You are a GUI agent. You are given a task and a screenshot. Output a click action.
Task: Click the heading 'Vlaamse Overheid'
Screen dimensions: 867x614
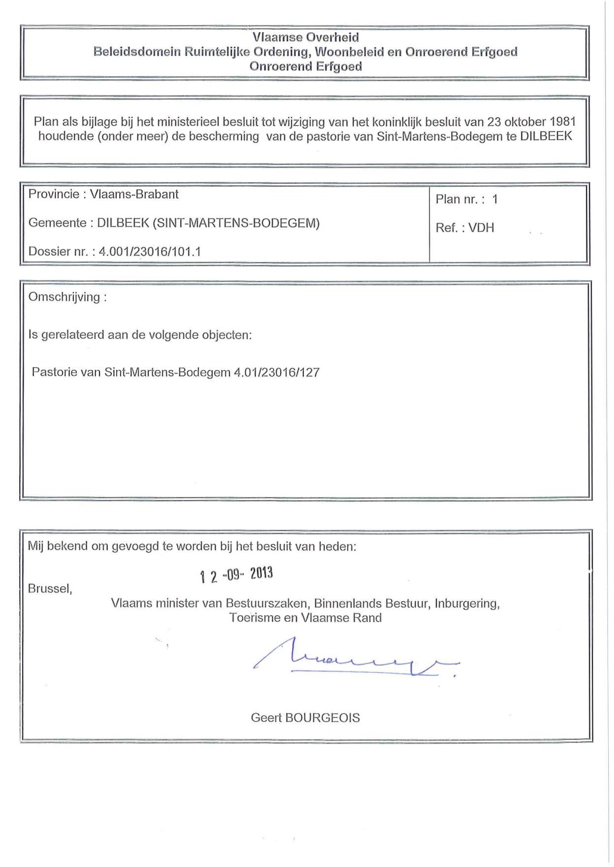(x=305, y=37)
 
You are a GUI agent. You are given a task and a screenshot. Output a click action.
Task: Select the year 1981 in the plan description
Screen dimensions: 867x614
(x=562, y=122)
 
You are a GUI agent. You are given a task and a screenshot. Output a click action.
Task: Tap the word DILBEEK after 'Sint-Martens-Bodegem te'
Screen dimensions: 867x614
(x=546, y=136)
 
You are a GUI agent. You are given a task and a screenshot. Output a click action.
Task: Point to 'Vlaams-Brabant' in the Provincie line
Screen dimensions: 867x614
(x=134, y=194)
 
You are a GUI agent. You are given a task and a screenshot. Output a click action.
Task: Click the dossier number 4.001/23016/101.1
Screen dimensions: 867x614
(x=150, y=252)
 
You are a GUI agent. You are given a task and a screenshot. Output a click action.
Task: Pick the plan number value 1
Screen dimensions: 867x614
(x=495, y=199)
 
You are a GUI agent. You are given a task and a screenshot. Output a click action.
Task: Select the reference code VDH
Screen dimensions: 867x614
(x=481, y=228)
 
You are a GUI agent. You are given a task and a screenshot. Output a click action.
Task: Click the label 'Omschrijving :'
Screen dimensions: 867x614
(x=67, y=297)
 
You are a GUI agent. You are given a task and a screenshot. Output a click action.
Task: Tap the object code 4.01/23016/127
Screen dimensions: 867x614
(x=277, y=372)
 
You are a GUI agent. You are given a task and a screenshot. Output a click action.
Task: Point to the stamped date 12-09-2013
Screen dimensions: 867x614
(x=236, y=574)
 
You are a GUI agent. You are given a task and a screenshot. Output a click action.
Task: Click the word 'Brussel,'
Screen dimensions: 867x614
(x=50, y=589)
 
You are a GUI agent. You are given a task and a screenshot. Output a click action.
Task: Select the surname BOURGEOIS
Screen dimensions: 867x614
(x=322, y=718)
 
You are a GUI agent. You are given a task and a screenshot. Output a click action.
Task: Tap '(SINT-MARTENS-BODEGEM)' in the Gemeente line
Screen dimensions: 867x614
(x=236, y=223)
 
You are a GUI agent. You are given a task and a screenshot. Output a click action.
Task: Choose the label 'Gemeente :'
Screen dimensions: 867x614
(x=57, y=223)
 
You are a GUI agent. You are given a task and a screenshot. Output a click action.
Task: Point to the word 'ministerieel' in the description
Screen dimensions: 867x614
(x=188, y=122)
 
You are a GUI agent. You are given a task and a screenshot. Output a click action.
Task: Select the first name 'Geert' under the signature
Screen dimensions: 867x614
(x=266, y=718)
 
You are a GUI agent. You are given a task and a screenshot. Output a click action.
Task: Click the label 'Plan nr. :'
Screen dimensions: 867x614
(x=460, y=199)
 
